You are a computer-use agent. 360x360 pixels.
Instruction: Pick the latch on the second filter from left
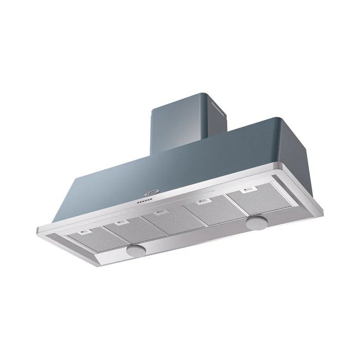coord(121,222)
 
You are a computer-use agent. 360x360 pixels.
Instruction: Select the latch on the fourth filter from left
coord(205,200)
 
